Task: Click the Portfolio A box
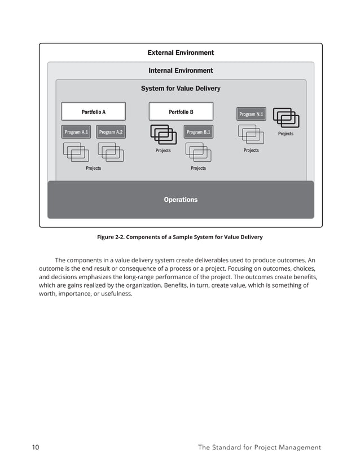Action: pos(93,112)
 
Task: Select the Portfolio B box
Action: pos(181,112)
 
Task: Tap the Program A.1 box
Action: pos(76,132)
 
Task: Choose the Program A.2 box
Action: pos(111,132)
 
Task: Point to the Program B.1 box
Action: pos(198,132)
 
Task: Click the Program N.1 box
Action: pos(251,114)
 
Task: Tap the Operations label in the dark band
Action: pos(181,200)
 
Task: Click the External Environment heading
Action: pos(181,52)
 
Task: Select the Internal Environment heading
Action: pos(181,71)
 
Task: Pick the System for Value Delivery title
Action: pos(181,89)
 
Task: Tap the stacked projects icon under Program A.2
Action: pos(111,152)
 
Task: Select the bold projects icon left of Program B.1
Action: pos(163,135)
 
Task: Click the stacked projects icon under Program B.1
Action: pos(198,152)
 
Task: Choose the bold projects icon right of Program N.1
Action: pos(286,118)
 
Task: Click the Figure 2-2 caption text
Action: pos(180,237)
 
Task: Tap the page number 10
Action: pos(36,447)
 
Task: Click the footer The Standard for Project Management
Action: pos(259,447)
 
